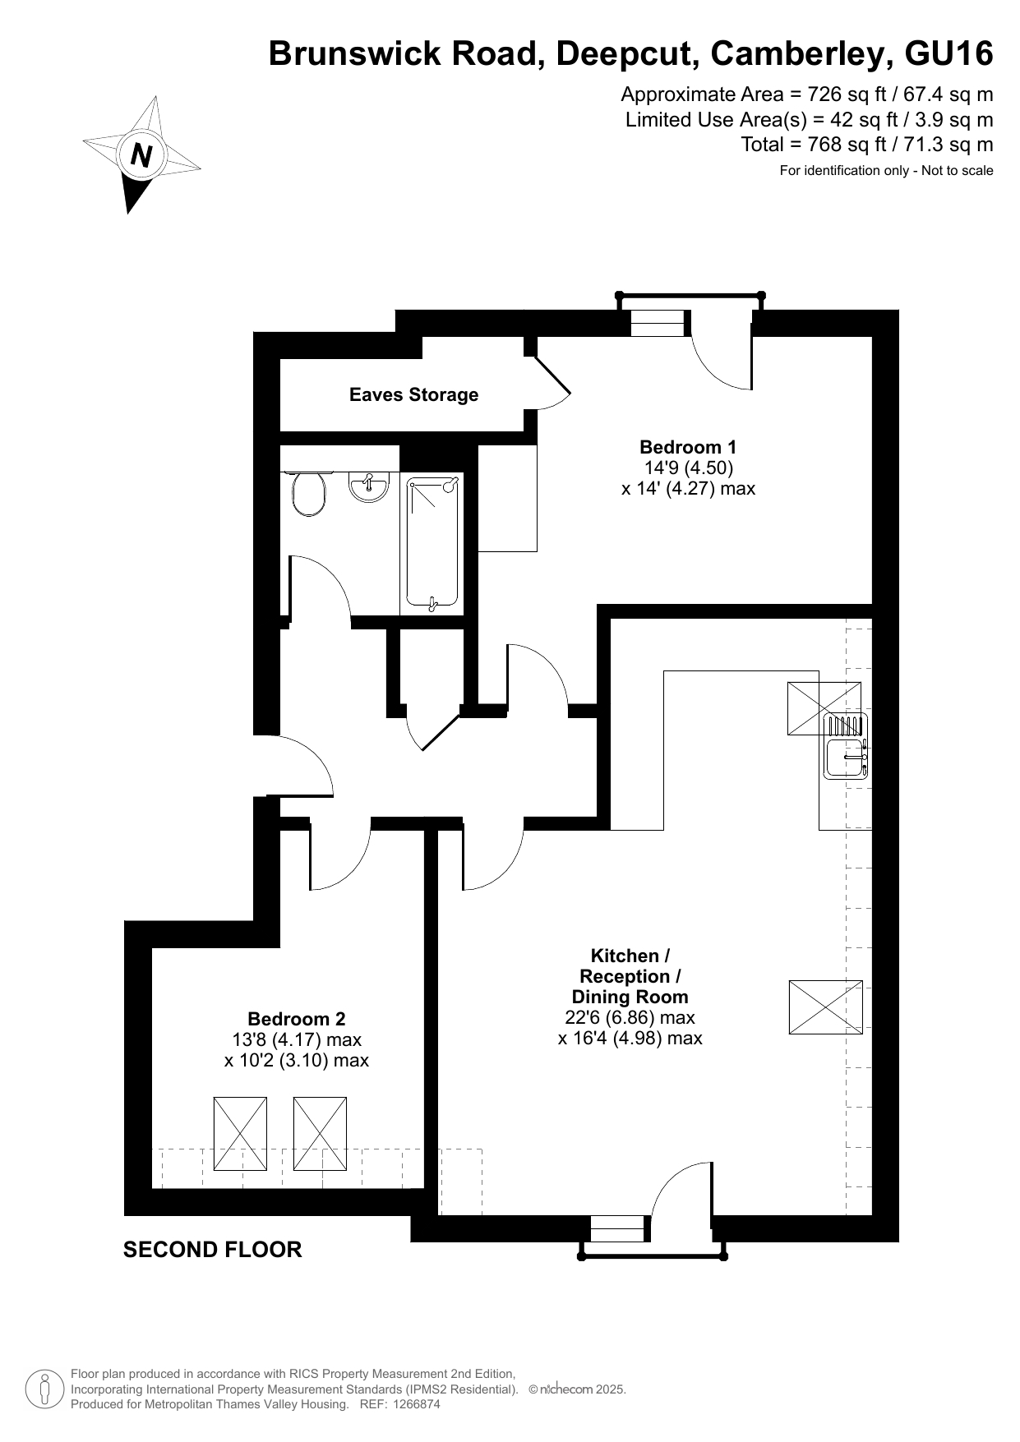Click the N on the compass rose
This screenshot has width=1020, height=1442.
coord(141,154)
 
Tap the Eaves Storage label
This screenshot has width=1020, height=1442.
coord(413,395)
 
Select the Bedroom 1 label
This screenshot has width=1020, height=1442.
coord(688,447)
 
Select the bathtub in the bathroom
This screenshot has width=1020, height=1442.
coord(432,544)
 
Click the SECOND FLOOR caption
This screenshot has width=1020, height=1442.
coord(212,1250)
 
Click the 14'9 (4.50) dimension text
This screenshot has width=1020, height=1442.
coord(688,468)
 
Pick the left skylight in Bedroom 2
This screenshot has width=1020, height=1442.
coord(240,1133)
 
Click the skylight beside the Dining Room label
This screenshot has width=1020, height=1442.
coord(825,1007)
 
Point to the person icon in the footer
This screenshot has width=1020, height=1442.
coord(44,1389)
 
